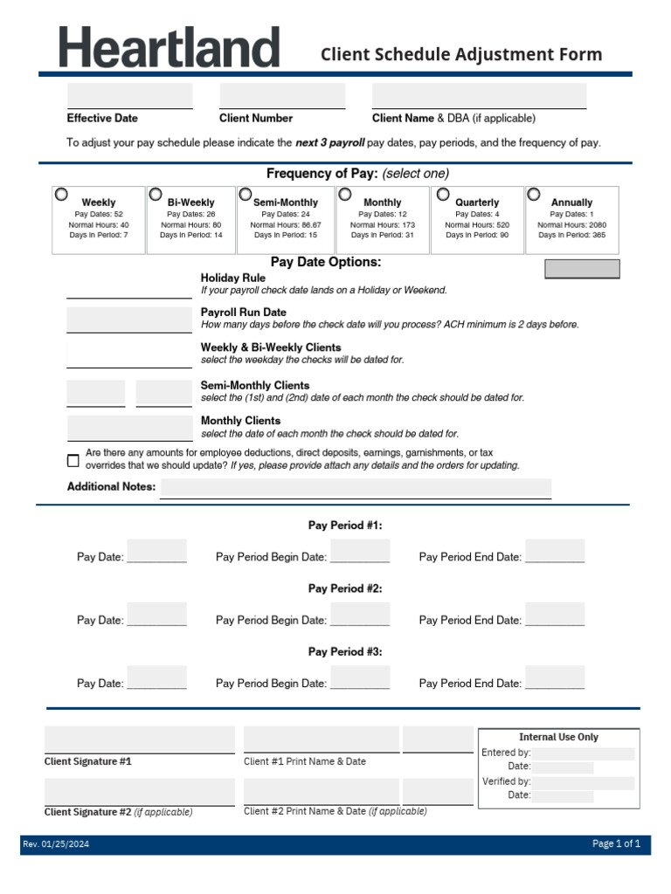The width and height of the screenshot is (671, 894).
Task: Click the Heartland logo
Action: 169,47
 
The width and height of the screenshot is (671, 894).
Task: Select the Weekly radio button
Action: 63,194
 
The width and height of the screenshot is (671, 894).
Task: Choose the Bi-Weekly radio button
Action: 156,194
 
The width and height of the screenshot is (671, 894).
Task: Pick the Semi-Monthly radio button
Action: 246,194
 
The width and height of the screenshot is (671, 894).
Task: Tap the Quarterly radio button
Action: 443,194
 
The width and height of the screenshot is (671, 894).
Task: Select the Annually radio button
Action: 533,194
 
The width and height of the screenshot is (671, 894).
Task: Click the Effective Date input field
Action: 129,96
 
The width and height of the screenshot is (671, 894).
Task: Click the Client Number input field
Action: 282,96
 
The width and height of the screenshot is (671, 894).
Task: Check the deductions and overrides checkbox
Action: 73,460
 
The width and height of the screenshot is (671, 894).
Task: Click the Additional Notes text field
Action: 356,488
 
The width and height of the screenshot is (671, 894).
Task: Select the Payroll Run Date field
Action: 129,320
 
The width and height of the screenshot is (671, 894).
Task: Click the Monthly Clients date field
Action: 129,428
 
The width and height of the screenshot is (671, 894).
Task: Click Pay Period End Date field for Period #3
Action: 555,677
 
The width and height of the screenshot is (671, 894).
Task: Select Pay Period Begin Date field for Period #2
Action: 360,615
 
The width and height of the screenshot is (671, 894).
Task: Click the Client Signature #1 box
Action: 140,739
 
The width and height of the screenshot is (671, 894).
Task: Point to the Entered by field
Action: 583,753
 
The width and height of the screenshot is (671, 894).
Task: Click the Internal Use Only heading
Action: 558,737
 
